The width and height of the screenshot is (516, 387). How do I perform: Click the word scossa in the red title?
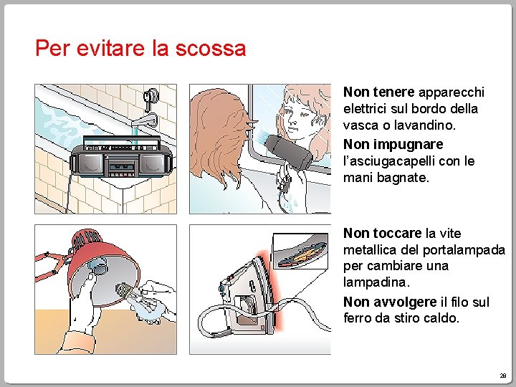[x=211, y=49]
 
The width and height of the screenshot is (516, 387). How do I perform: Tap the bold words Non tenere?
[x=378, y=92]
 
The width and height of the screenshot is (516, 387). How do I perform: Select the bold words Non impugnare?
[x=393, y=144]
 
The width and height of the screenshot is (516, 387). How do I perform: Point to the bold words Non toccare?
[x=383, y=234]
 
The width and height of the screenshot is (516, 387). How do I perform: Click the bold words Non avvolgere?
[x=390, y=302]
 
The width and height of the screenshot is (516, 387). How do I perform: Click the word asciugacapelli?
[x=389, y=161]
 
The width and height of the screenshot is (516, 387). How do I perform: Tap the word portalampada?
[x=464, y=250]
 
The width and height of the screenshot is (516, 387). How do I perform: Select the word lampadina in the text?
[x=376, y=282]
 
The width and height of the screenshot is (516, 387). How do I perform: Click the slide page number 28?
[x=503, y=376]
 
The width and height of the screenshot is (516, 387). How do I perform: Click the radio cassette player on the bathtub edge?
[x=121, y=157]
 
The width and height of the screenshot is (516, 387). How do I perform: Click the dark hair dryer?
[x=289, y=152]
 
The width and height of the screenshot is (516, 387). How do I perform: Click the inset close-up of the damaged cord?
[x=300, y=251]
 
